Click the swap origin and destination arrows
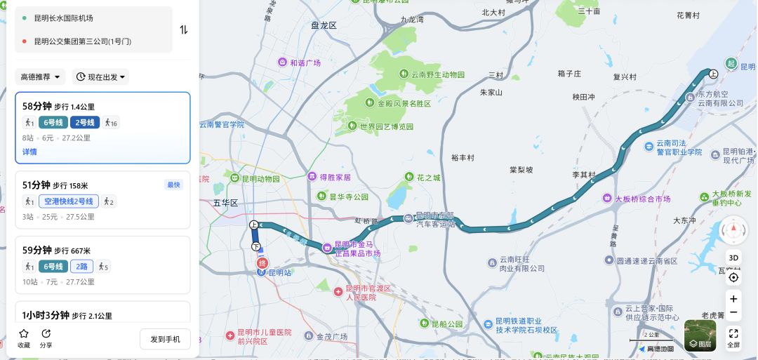click(184, 29)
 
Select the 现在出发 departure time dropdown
click(100, 76)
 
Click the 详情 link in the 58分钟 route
click(29, 152)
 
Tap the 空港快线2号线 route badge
click(69, 201)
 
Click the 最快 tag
click(173, 185)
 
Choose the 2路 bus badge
click(81, 266)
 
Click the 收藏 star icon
click(24, 334)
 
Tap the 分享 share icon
click(46, 334)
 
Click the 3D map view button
click(733, 258)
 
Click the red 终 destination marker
click(262, 263)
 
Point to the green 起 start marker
click(731, 64)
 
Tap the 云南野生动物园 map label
click(432, 74)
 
